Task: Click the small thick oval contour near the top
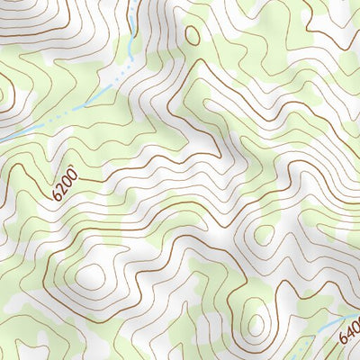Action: (x=192, y=33)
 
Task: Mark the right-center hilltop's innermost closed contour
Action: (x=264, y=234)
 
